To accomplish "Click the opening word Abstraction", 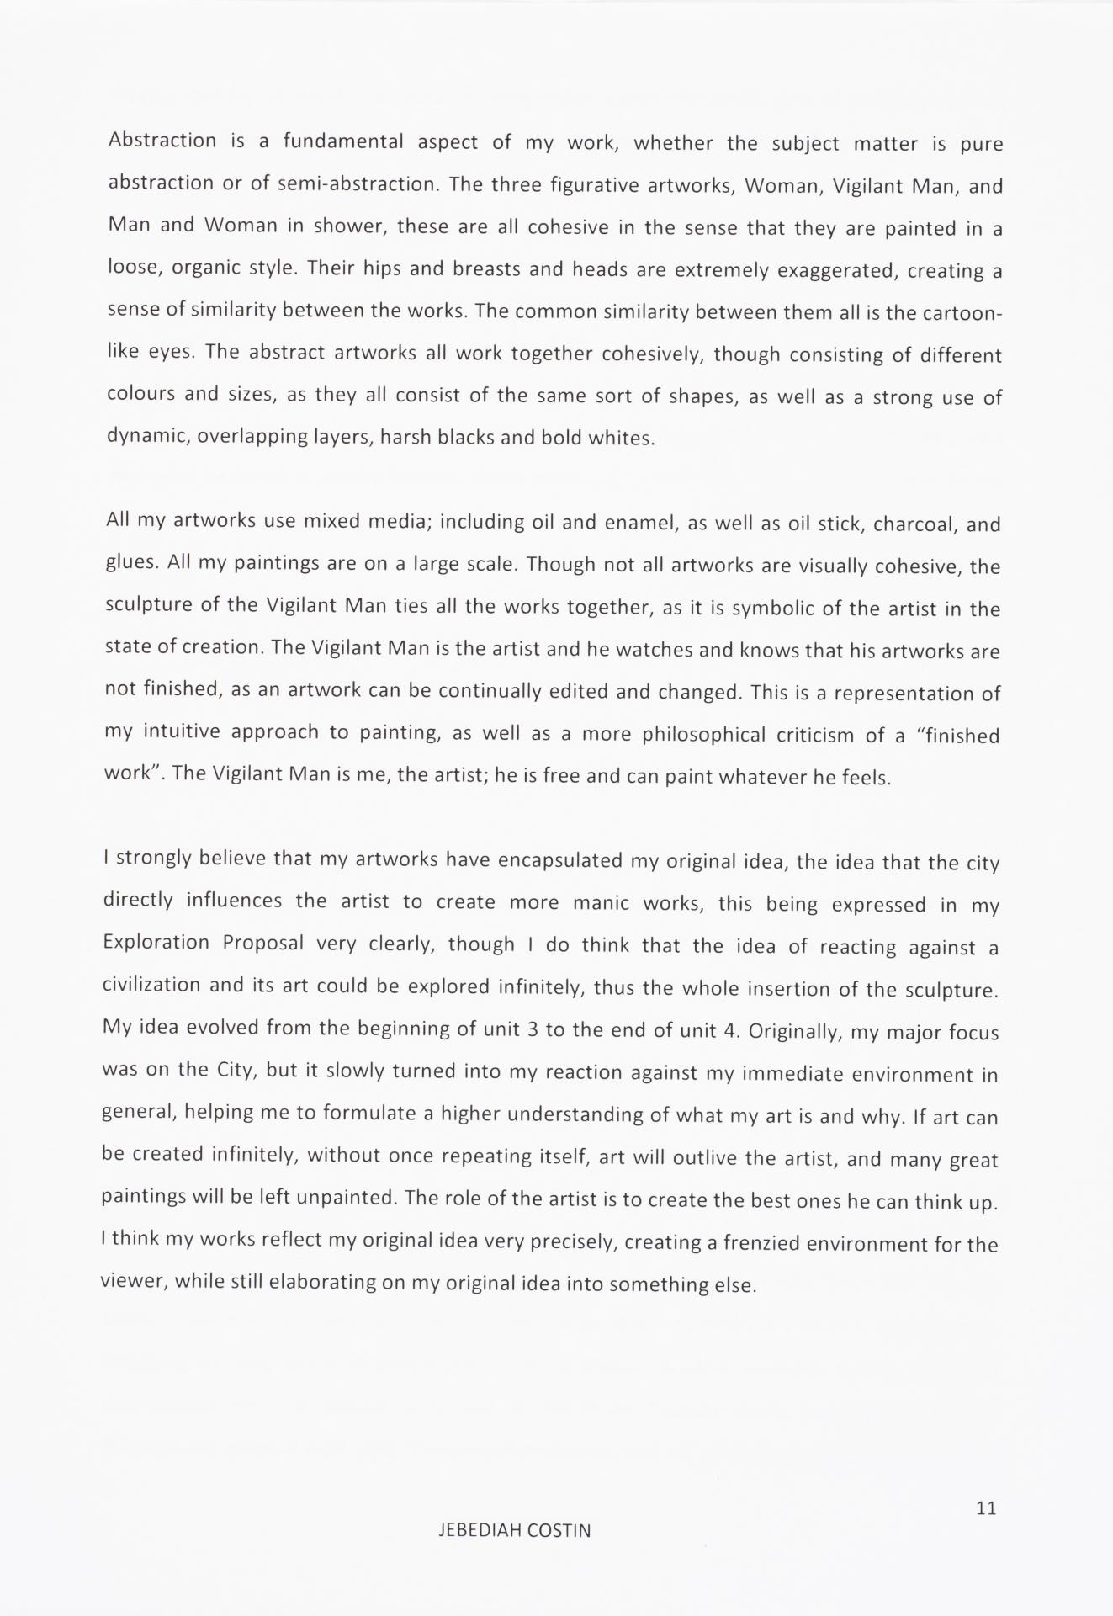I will tap(162, 140).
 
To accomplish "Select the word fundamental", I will tap(343, 141).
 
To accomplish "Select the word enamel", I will tap(640, 523).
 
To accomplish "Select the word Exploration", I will tap(156, 942).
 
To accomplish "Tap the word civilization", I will tap(151, 985).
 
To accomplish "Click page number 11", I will tap(986, 1507).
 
